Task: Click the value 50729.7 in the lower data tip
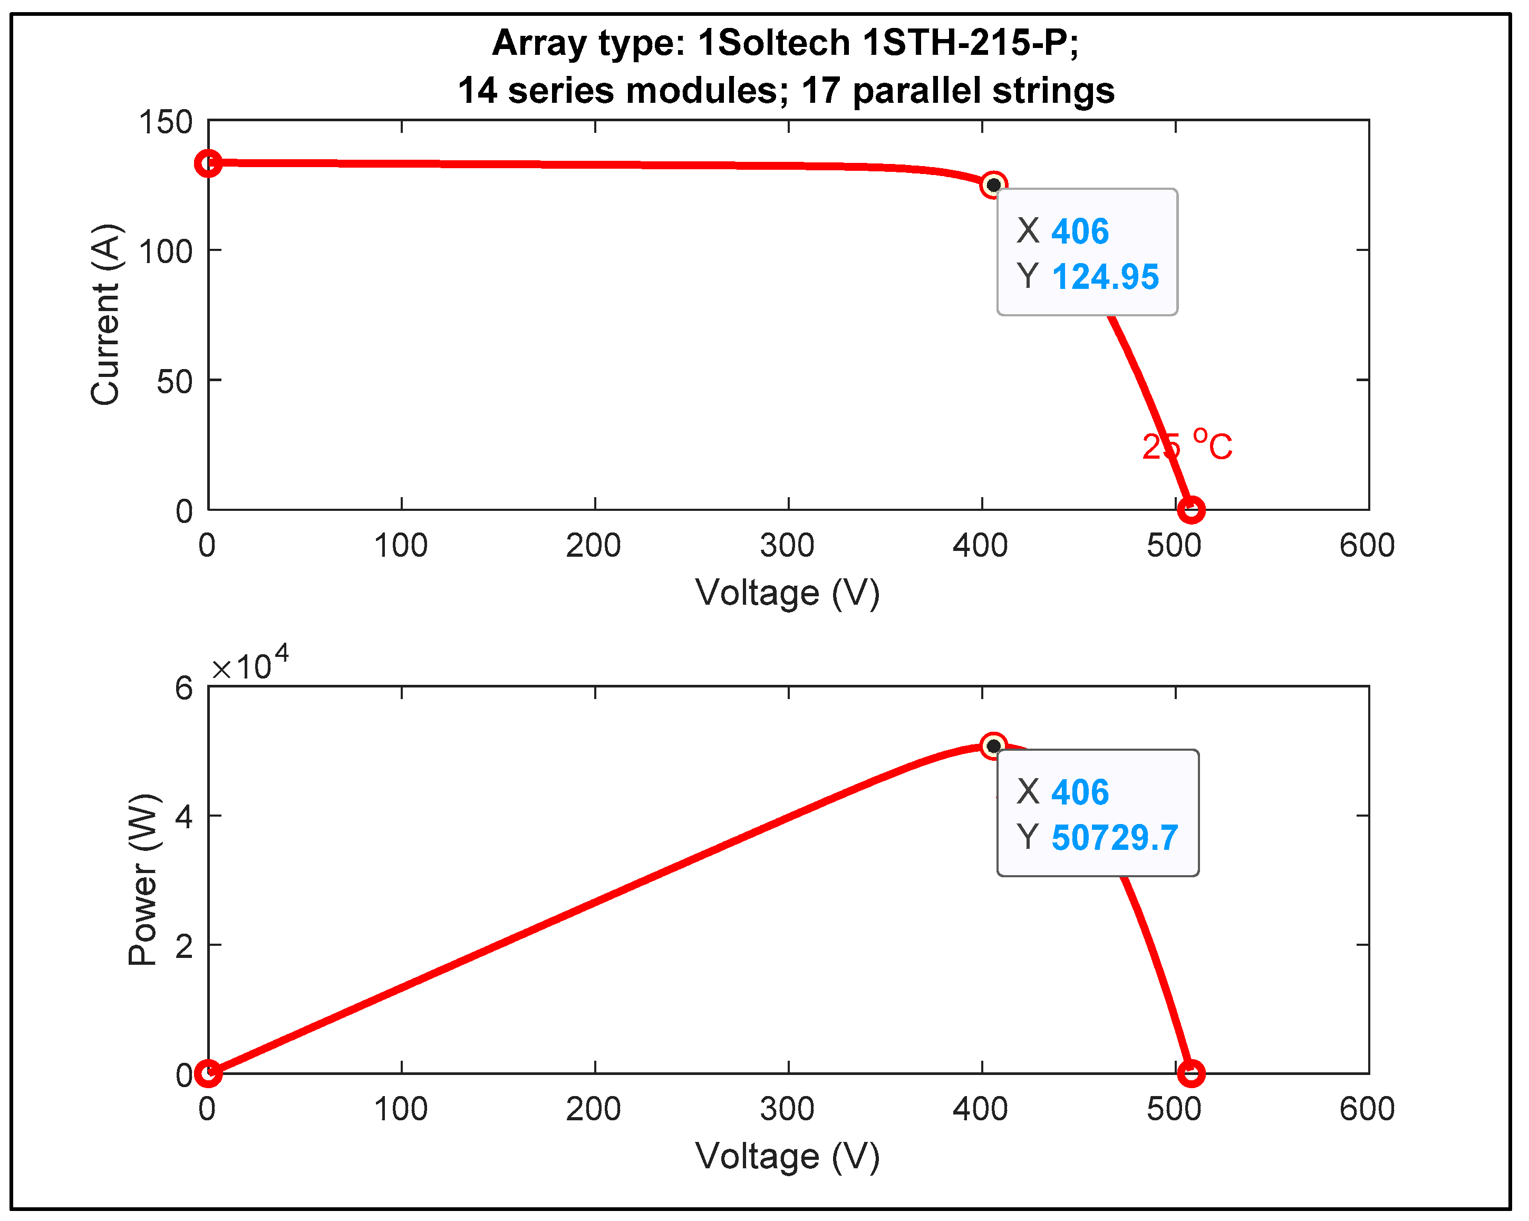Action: coord(1114,837)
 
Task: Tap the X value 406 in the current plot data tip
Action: coord(1079,231)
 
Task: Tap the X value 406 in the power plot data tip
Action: coord(1079,792)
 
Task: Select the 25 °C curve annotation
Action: coord(1186,446)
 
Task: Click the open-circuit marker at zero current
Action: coord(1191,509)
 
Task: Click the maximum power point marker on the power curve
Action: coord(993,746)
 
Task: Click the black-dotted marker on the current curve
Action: coord(993,185)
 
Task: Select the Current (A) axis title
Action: coord(107,315)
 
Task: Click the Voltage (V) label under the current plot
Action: coord(787,593)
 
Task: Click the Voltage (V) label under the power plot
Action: coord(787,1157)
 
